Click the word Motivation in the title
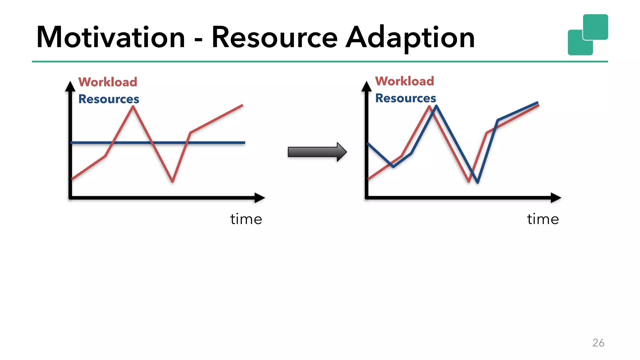111,37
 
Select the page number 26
598,343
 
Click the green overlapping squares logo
587,34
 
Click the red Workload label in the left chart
107,82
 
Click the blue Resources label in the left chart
108,99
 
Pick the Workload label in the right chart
404,81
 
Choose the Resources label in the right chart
405,98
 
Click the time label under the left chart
246,219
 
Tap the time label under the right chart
543,219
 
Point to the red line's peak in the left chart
133,107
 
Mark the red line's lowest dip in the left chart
172,181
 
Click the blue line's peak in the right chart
436,107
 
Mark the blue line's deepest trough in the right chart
477,182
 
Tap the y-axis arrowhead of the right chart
366,87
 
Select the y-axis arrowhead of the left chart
70,87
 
